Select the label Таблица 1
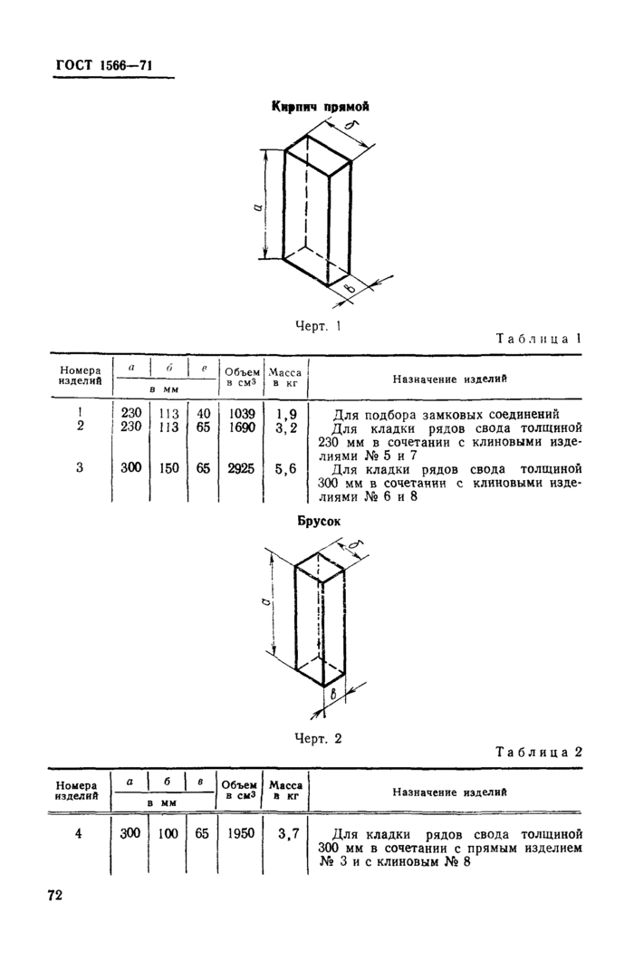coord(538,338)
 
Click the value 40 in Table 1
coord(204,413)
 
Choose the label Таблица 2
coord(538,752)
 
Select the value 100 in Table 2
coord(168,832)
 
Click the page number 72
coord(55,896)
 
